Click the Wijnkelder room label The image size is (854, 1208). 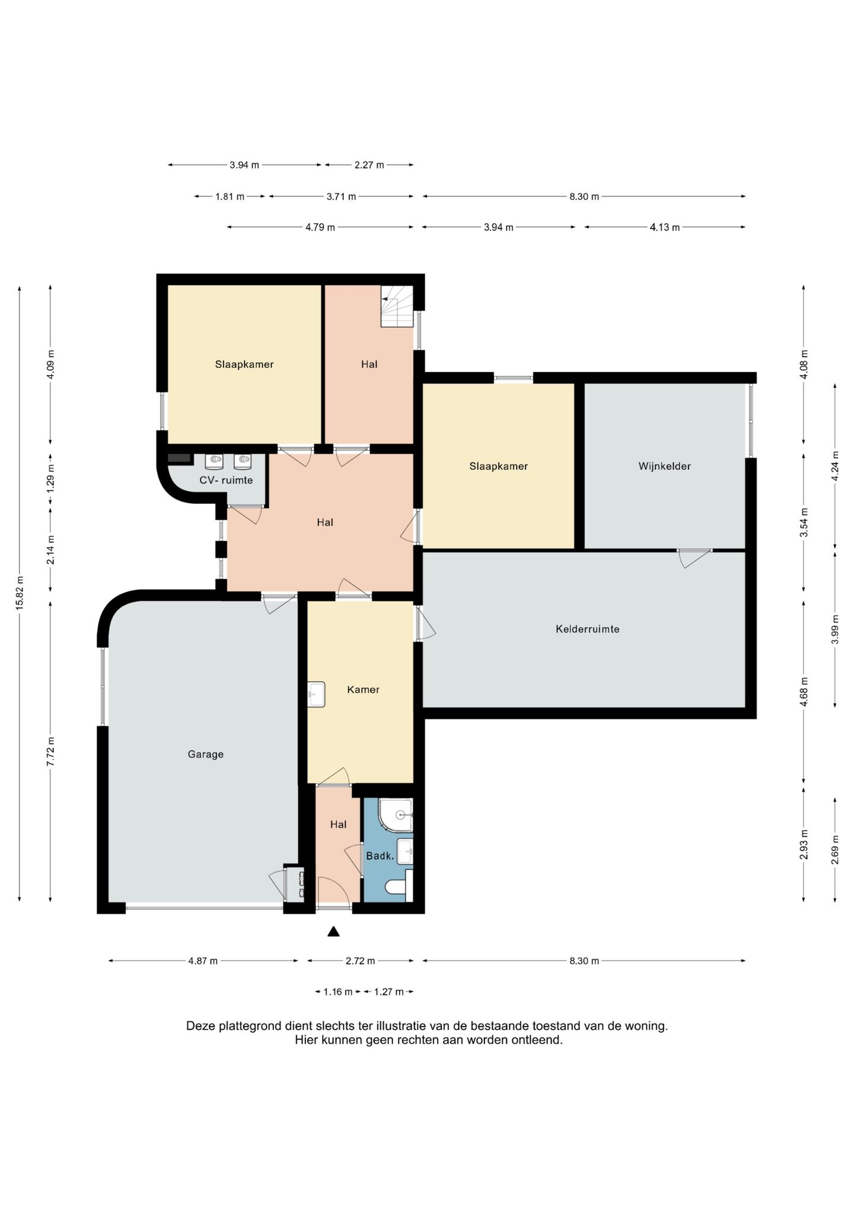[x=664, y=466]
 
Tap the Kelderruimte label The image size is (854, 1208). [x=587, y=629]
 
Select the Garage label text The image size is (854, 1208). [x=205, y=755]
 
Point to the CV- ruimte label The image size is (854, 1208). [x=226, y=480]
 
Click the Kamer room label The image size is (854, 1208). [x=363, y=689]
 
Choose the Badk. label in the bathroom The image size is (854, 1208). [x=380, y=856]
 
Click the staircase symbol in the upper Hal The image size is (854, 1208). [x=396, y=306]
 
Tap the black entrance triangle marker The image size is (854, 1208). [x=333, y=932]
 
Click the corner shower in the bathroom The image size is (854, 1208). [x=396, y=815]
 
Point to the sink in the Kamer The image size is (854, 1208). [x=316, y=694]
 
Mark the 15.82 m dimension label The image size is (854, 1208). [x=20, y=593]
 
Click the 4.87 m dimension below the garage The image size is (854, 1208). [x=203, y=961]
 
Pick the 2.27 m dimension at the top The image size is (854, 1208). [x=369, y=165]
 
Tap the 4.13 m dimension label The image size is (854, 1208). [x=665, y=227]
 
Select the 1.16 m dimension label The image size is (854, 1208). [x=337, y=992]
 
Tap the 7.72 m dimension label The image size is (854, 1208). [x=50, y=752]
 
